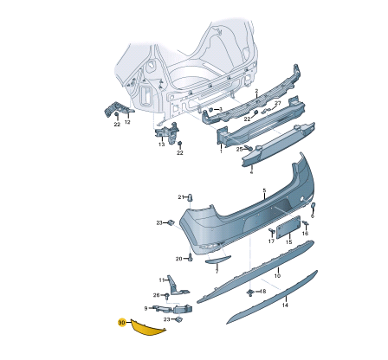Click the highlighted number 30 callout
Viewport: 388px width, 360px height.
coord(121,324)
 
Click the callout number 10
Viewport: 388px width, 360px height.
coord(277,274)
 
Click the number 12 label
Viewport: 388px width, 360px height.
coord(127,122)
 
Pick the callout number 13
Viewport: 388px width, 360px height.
coord(160,145)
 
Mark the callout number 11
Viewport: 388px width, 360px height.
coord(161,280)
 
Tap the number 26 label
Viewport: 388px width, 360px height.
coord(156,295)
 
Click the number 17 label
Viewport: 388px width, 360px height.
coord(271,241)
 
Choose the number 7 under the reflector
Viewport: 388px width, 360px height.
coord(217,270)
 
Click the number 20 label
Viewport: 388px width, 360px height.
coord(179,259)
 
